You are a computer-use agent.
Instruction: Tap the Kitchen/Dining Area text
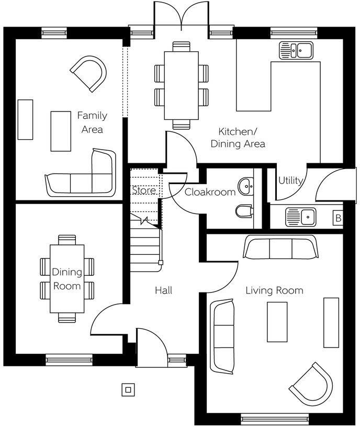point(238,138)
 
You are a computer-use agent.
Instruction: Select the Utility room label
point(290,181)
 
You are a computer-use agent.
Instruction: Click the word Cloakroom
point(210,192)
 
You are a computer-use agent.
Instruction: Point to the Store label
point(143,190)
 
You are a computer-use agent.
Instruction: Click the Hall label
point(163,290)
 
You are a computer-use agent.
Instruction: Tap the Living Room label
point(274,290)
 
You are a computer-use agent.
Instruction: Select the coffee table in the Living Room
point(277,321)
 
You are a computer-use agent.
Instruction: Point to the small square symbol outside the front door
point(128,390)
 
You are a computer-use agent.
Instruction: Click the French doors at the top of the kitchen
point(181,16)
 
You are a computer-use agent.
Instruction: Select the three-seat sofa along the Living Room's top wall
point(280,248)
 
